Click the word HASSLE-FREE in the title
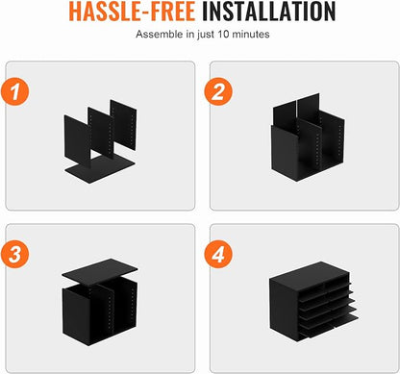click(x=132, y=12)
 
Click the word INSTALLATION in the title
click(x=268, y=12)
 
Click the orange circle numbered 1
click(x=15, y=91)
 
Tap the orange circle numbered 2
click(x=218, y=91)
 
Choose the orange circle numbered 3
click(x=15, y=254)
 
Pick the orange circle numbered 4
click(x=218, y=254)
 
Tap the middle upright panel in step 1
click(x=101, y=134)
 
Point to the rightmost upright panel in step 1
click(x=123, y=124)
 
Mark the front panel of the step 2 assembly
click(x=284, y=153)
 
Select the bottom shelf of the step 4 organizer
click(x=330, y=325)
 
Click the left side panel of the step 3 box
click(x=75, y=314)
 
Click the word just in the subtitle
click(x=206, y=35)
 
